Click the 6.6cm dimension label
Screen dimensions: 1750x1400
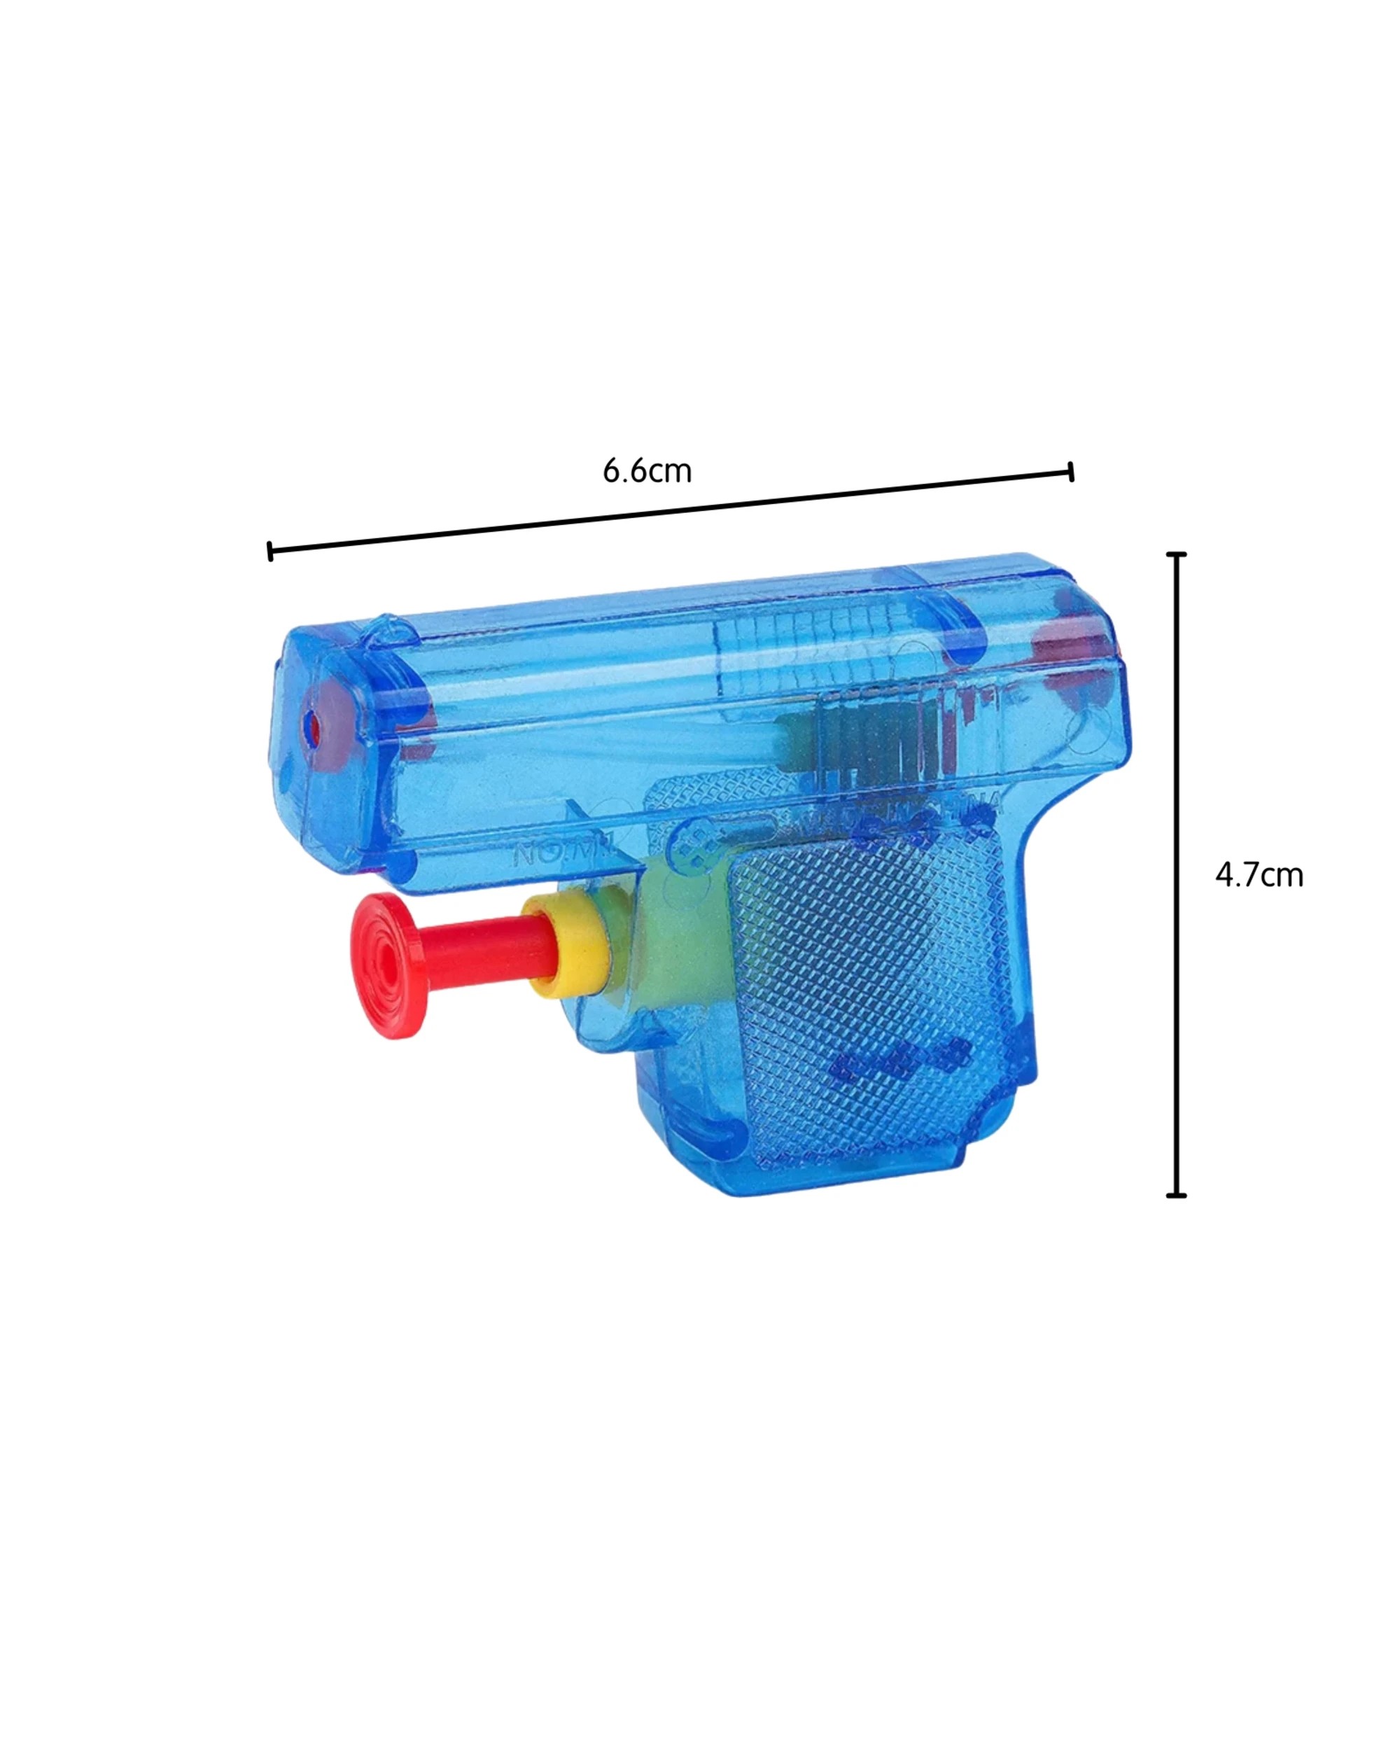(647, 471)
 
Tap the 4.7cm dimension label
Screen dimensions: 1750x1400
(1258, 875)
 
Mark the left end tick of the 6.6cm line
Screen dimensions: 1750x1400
(269, 551)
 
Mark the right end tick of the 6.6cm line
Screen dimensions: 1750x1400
(1071, 472)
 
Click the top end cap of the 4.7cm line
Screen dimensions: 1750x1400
(1176, 554)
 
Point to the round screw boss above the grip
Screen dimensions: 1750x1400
(694, 844)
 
